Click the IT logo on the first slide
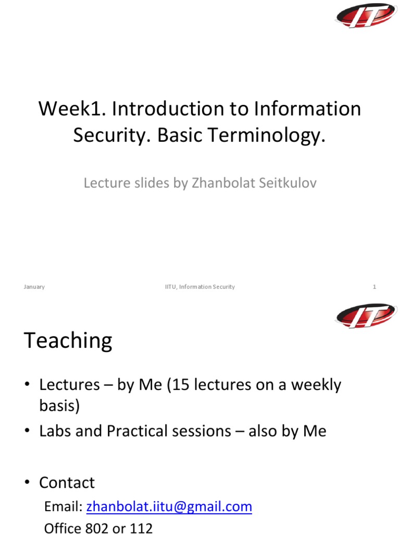pyautogui.click(x=366, y=16)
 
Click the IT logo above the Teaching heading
pyautogui.click(x=366, y=316)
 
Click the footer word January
pyautogui.click(x=34, y=287)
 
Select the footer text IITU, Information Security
pyautogui.click(x=196, y=287)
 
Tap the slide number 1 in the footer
pyautogui.click(x=374, y=287)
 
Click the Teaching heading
pyautogui.click(x=68, y=341)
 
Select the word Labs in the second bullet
pyautogui.click(x=56, y=431)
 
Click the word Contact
pyautogui.click(x=67, y=482)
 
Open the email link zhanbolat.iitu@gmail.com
pyautogui.click(x=169, y=506)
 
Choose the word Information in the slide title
pyautogui.click(x=308, y=109)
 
